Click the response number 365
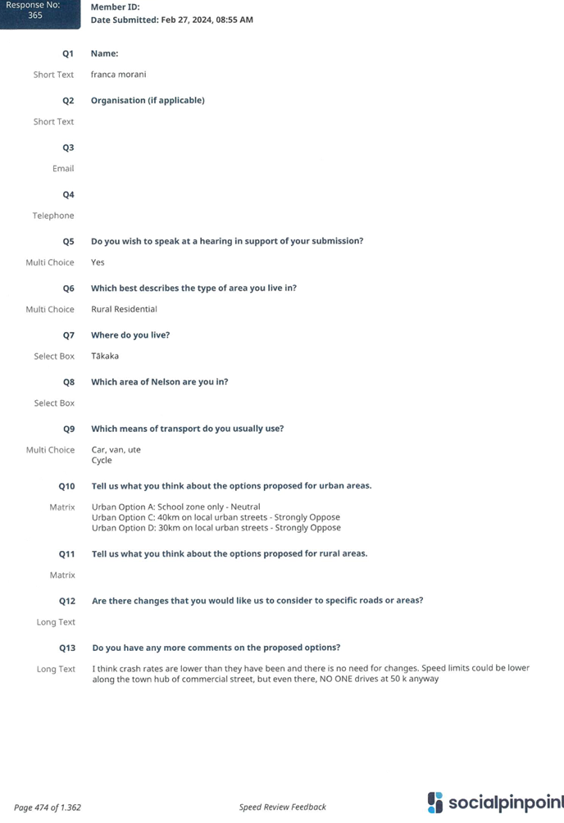[x=35, y=16]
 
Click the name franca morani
[x=118, y=75]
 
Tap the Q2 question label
[x=68, y=100]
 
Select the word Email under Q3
[x=63, y=169]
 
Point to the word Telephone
[x=53, y=216]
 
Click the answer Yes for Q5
[x=98, y=262]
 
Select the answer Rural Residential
[x=124, y=309]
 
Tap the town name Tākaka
[x=105, y=356]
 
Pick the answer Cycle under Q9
[x=102, y=461]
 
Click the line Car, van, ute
[x=116, y=450]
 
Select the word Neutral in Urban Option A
[x=245, y=507]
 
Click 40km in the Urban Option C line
[x=168, y=517]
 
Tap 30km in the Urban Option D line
[x=169, y=528]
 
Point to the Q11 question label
[x=66, y=554]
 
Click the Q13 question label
[x=67, y=648]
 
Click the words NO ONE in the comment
[x=335, y=679]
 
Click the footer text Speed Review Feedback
[x=283, y=807]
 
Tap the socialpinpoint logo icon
[x=434, y=803]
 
